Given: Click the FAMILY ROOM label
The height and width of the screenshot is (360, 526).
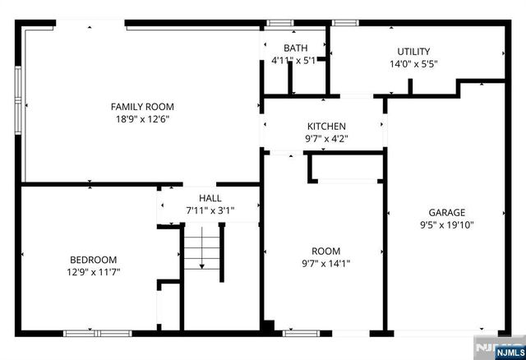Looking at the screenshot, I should point(142,106).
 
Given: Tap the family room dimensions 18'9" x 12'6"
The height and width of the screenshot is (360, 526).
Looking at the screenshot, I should point(142,118).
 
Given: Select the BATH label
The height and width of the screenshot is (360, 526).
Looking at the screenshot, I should point(295,48).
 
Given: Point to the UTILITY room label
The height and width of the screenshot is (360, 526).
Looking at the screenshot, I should point(413,51).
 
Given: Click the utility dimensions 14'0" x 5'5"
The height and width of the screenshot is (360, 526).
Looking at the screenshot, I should point(413,63).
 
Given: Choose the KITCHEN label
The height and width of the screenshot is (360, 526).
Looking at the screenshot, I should point(326,126).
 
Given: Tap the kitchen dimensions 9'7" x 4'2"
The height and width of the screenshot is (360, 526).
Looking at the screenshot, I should point(326,138).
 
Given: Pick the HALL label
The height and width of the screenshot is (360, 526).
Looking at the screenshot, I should point(210,198).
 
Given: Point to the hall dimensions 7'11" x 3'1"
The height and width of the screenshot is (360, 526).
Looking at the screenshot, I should point(210,210).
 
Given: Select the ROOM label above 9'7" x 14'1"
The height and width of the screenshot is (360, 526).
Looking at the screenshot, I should point(325,251).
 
